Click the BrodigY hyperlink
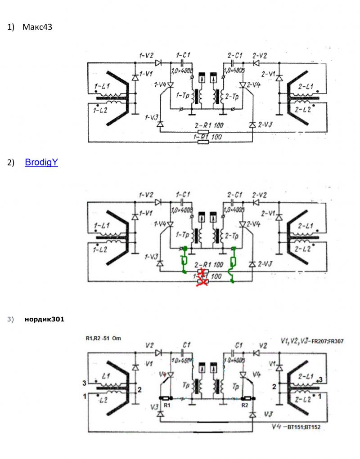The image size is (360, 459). coord(41,162)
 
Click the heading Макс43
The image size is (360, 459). coord(37,27)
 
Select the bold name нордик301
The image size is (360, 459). coord(44,320)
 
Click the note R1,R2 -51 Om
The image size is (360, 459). coord(103,338)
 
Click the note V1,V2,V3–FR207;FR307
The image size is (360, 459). coord(314,342)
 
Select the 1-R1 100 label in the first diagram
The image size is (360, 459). coord(207,136)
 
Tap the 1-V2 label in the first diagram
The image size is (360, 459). coord(146,56)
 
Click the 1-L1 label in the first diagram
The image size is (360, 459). coord(102,85)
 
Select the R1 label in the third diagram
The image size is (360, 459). coord(167,405)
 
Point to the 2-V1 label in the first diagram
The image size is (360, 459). coord(269,74)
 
